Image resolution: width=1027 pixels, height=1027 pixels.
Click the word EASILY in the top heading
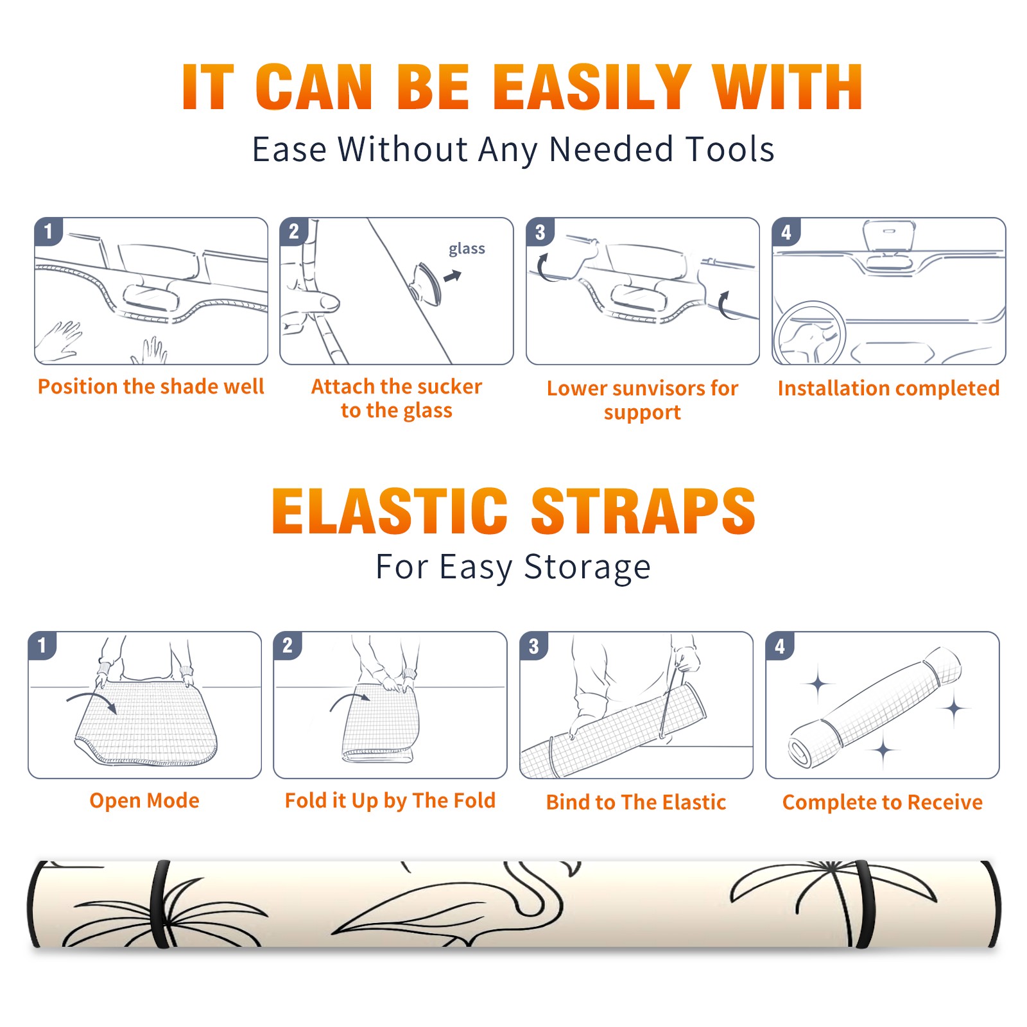592,88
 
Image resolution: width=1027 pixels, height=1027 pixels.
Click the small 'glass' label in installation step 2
467,249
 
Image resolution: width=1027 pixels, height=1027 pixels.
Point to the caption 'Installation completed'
888,388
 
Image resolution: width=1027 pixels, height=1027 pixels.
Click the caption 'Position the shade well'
151,386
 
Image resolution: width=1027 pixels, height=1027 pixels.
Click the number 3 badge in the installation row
540,232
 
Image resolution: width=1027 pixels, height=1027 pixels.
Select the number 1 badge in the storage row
42,645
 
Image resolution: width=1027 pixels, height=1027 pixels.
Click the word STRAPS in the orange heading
643,511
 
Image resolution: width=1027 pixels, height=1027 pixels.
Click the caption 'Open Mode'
144,800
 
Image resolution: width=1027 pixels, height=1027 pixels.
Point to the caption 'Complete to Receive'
883,802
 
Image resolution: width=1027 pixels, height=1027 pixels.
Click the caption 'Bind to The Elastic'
636,802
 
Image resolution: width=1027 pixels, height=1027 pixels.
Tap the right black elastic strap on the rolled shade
864,904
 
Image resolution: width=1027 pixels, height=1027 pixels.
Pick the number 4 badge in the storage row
780,645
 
